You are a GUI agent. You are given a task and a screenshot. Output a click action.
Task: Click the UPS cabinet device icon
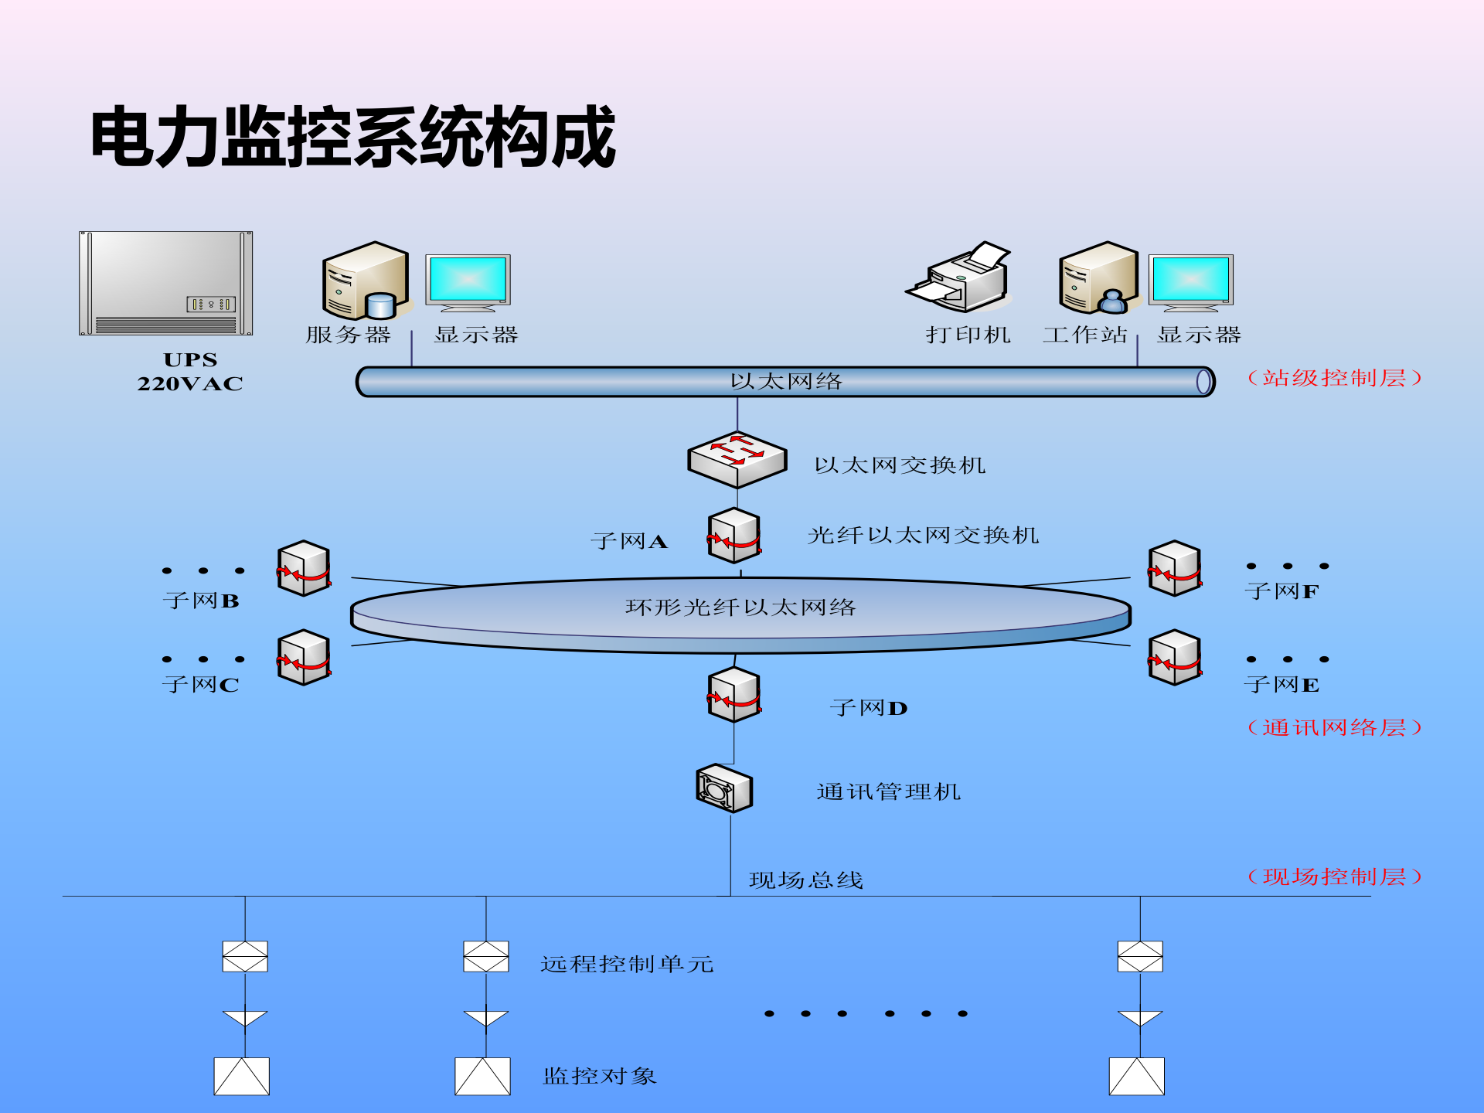point(165,284)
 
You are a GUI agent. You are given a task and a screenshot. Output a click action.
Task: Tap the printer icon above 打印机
point(961,278)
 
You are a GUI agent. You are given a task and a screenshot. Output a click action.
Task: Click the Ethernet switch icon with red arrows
point(737,459)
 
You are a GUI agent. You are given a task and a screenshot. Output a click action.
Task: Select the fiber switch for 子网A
point(734,536)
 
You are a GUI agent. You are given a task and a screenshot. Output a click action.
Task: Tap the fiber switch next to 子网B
point(305,568)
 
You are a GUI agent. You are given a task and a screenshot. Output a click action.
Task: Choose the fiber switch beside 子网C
point(305,658)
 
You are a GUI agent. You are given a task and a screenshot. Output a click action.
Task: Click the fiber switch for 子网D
point(734,695)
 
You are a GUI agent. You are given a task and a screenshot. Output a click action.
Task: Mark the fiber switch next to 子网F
point(1175,568)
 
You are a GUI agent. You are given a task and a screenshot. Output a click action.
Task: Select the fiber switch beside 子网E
point(1175,658)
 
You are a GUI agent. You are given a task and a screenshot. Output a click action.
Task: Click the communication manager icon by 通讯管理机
point(723,788)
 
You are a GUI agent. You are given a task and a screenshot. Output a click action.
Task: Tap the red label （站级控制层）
point(1334,378)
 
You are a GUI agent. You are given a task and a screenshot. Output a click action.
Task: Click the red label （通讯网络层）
point(1334,727)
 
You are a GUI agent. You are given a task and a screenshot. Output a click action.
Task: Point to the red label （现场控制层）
point(1334,876)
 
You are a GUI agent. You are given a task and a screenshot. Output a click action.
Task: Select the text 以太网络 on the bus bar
point(786,381)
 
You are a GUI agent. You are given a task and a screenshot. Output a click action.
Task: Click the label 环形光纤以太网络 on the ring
point(740,608)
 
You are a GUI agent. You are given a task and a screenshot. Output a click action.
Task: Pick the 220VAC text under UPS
point(190,384)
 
